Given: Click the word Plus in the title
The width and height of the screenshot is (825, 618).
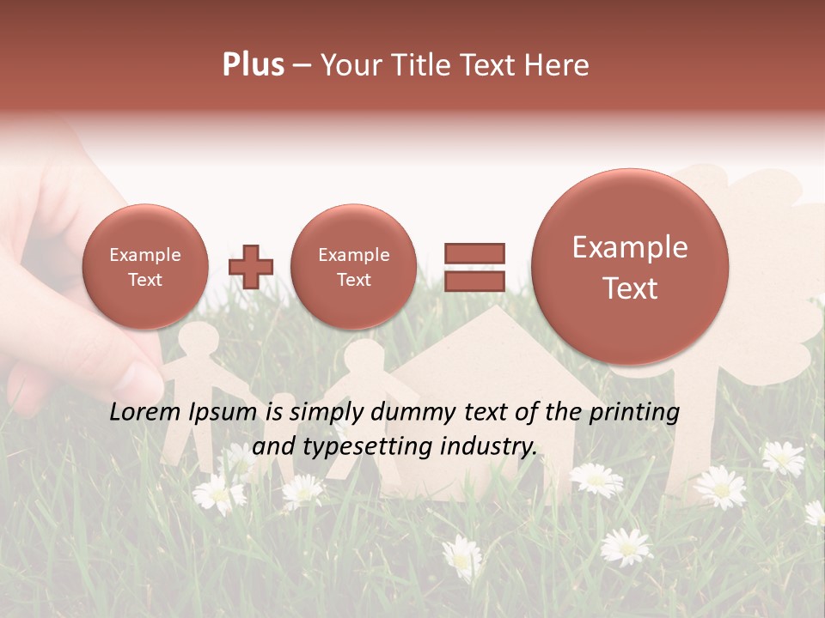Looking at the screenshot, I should point(253,65).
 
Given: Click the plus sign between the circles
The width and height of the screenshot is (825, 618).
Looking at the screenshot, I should point(251,267).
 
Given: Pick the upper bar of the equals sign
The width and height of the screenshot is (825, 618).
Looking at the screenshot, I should point(474,252).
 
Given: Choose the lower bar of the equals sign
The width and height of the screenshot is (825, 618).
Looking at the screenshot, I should point(474,281).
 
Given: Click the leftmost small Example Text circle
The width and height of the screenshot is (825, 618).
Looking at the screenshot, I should point(144,267).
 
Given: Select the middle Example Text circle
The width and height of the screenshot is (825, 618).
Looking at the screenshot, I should point(353,267).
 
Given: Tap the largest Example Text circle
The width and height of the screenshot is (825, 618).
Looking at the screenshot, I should point(630,267).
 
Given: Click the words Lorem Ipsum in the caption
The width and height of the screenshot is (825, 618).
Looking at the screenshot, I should point(183,412).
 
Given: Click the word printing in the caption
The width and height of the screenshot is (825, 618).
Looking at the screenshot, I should point(634,412).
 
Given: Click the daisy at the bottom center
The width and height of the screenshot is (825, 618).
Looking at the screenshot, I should point(462,555).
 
